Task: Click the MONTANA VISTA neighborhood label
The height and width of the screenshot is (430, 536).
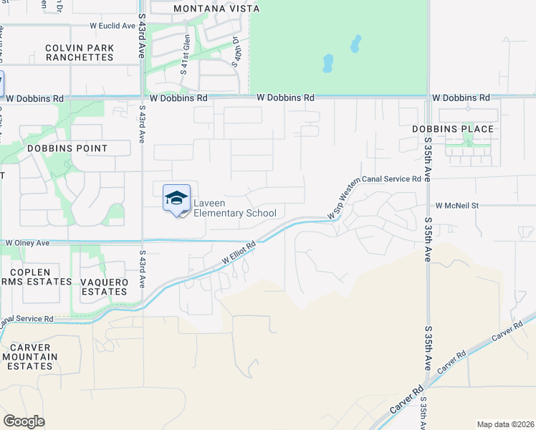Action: pos(216,9)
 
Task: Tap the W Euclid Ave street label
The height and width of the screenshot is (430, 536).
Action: pos(113,26)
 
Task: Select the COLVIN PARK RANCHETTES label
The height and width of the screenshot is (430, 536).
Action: pos(79,52)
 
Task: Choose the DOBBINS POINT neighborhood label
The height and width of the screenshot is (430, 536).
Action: pos(67,148)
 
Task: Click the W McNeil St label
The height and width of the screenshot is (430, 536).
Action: pos(456,205)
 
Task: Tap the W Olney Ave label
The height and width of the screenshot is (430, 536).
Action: pos(28,244)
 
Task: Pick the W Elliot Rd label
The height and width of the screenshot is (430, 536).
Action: pos(239,252)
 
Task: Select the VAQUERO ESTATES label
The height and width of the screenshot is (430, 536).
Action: pos(104,287)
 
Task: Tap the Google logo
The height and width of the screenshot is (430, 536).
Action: pos(24,421)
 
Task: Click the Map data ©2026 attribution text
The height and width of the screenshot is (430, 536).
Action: pos(504,424)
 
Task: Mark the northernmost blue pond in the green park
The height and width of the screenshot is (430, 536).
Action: pos(355,44)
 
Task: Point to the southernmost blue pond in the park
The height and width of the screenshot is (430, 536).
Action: pos(328,64)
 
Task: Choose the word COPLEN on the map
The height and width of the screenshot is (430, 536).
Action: pos(31,272)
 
